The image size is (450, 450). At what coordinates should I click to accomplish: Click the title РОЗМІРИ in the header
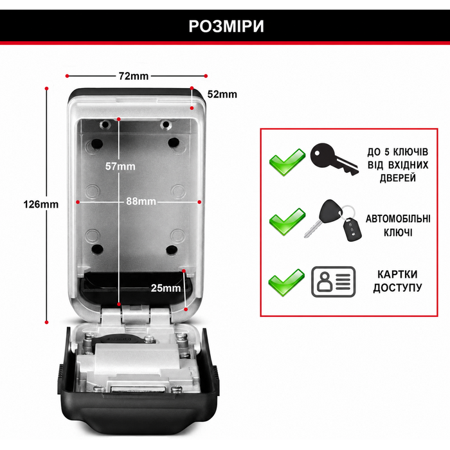[x=226, y=26]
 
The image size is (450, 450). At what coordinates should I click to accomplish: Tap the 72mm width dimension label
[x=134, y=76]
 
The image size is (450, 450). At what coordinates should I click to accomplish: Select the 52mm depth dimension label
[x=222, y=94]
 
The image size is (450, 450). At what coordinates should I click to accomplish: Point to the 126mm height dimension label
[x=40, y=204]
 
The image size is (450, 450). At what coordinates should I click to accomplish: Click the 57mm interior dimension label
[x=120, y=166]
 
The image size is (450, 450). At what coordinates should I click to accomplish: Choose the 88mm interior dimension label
[x=141, y=201]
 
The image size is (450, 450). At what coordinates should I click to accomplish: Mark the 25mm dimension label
[x=166, y=288]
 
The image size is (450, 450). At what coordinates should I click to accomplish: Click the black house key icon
[x=334, y=159]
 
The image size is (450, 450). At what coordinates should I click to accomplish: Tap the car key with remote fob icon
[x=333, y=220]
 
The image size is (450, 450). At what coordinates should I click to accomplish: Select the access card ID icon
[x=334, y=282]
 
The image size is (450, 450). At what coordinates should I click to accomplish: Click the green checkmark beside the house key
[x=287, y=162]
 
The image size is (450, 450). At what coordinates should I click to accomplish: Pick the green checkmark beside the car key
[x=287, y=222]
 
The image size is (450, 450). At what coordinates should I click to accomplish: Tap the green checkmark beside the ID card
[x=287, y=282]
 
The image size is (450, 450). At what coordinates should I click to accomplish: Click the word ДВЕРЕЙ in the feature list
[x=398, y=178]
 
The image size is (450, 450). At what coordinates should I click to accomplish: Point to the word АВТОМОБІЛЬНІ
[x=398, y=219]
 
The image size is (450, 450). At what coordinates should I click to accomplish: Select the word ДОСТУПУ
[x=397, y=287]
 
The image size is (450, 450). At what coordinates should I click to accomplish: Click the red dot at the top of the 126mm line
[x=47, y=89]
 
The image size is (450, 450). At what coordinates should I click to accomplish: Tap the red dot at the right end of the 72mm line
[x=206, y=76]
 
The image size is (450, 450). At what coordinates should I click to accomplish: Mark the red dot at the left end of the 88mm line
[x=78, y=202]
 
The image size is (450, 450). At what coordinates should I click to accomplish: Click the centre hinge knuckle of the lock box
[x=136, y=315]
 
